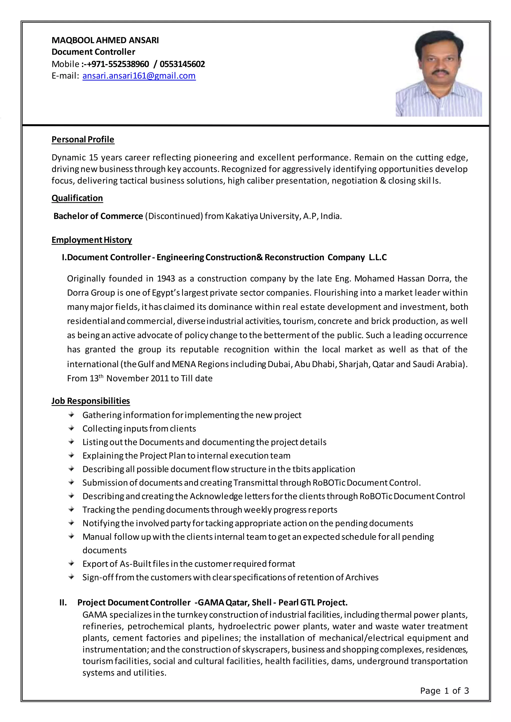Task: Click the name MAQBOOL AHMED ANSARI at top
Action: (x=105, y=40)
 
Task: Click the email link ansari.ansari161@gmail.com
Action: (x=139, y=76)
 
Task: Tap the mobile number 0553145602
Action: (x=182, y=64)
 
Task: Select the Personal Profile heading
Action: (x=83, y=139)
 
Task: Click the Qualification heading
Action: (x=77, y=198)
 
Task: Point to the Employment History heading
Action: (x=92, y=240)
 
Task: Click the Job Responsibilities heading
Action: (x=91, y=401)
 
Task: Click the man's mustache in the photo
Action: (x=440, y=72)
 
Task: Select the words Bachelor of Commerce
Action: (x=98, y=216)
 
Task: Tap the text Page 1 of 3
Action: (x=444, y=691)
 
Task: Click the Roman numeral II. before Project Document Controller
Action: (x=63, y=602)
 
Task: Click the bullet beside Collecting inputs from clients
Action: (x=71, y=428)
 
